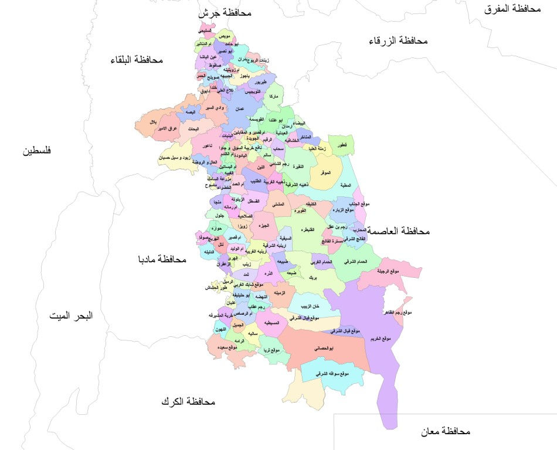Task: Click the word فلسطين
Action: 37,151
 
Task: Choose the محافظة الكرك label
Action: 188,402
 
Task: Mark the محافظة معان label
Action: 446,431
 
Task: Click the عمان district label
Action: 239,109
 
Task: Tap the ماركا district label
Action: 273,95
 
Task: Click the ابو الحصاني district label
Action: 324,348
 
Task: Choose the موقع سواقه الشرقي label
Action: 332,373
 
